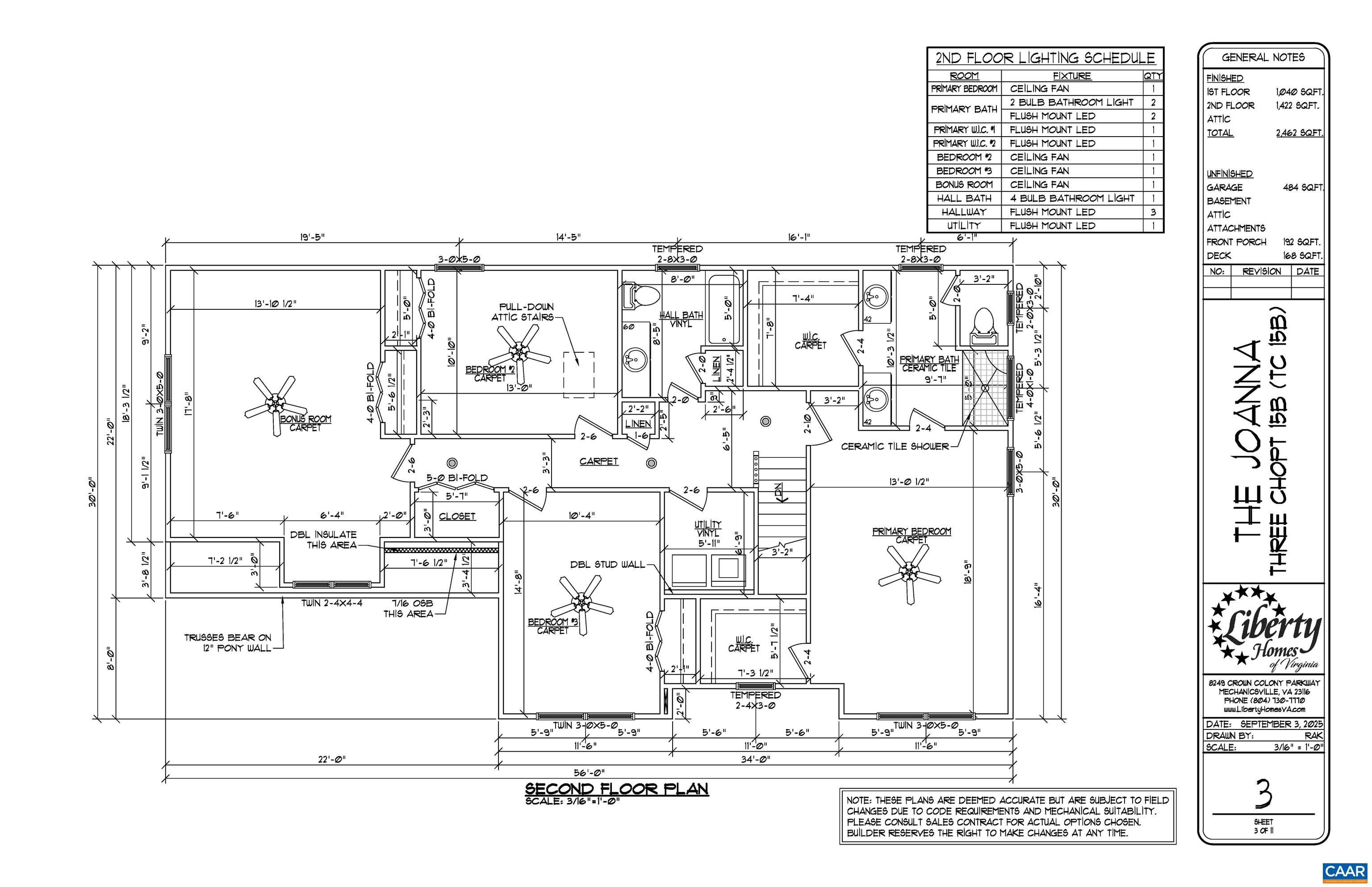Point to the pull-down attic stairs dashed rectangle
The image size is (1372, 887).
[x=578, y=375]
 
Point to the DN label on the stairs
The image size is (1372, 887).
[x=778, y=492]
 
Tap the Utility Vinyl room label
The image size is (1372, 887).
[x=707, y=529]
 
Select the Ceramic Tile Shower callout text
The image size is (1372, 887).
[x=894, y=446]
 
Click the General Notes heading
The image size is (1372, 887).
[x=1263, y=58]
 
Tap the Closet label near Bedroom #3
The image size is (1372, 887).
[x=457, y=516]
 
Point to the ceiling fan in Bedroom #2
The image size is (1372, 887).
[x=520, y=349]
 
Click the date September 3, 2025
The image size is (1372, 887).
[x=1281, y=724]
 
